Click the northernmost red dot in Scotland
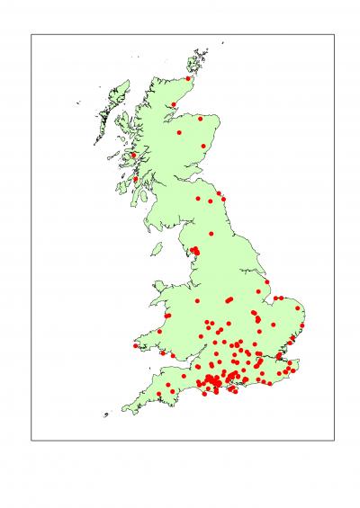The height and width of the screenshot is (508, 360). [188, 78]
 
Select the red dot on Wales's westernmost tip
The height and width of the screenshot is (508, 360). [136, 346]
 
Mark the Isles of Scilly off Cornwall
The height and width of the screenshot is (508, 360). [105, 414]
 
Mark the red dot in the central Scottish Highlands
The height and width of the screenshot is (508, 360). [179, 132]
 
